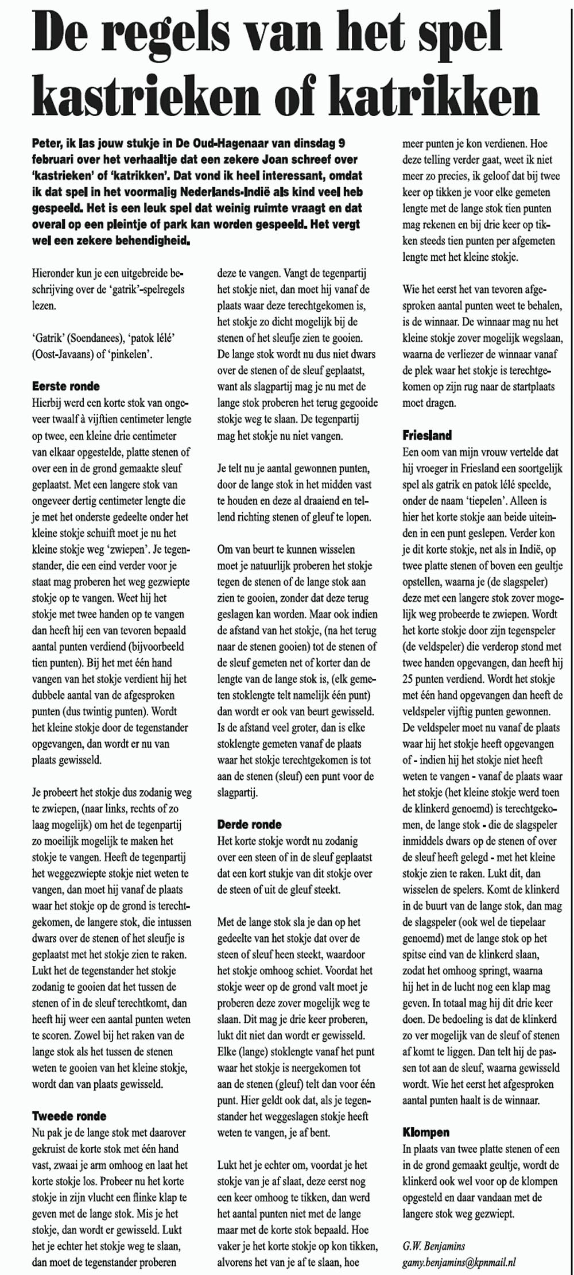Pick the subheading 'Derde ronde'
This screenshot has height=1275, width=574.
point(250,824)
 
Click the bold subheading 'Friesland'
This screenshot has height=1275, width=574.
point(427,435)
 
